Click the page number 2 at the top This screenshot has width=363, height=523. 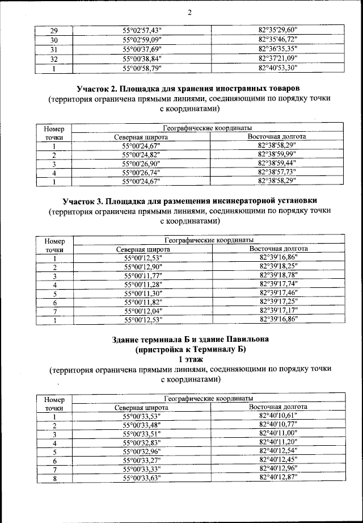pyautogui.click(x=189, y=12)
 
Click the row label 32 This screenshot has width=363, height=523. pyautogui.click(x=54, y=58)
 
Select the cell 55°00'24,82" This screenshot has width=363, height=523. pyautogui.click(x=142, y=155)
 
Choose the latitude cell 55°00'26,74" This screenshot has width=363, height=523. pyautogui.click(x=142, y=173)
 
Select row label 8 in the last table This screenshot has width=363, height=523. pyautogui.click(x=54, y=479)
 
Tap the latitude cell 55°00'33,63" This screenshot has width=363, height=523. pyautogui.click(x=142, y=479)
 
